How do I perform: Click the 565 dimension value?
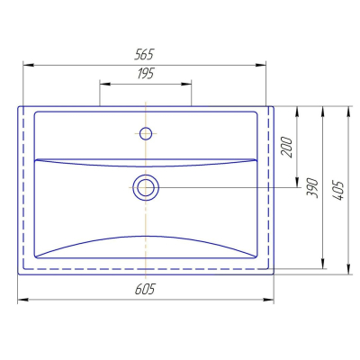coord(144,55)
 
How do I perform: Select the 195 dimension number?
coord(146,74)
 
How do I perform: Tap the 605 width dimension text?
coord(145,290)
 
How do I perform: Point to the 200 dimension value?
coord(287,147)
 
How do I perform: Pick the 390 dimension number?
coord(312,188)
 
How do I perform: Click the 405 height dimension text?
coord(338,191)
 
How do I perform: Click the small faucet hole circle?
coord(146,133)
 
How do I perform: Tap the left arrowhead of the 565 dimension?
coord(28,65)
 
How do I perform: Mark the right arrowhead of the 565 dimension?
coord(261,65)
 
